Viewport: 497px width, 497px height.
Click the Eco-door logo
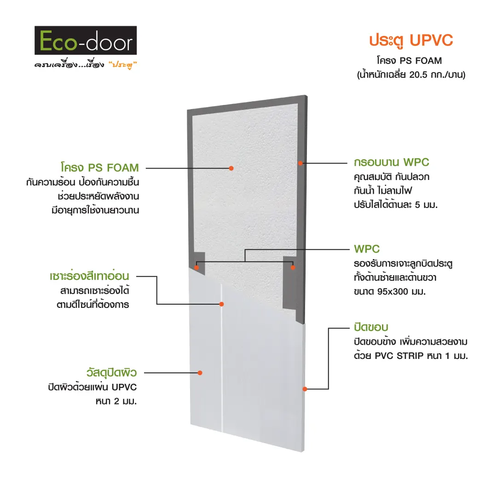pos(86,40)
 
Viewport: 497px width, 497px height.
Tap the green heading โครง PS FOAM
pos(100,168)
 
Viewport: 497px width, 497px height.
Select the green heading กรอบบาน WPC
pos(392,162)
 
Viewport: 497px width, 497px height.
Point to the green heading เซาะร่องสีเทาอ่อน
pos(89,276)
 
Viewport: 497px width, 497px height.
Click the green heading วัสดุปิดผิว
pos(111,372)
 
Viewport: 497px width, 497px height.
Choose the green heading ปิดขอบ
pos(371,327)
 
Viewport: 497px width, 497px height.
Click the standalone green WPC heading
pos(367,249)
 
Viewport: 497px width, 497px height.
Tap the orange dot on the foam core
pos(231,168)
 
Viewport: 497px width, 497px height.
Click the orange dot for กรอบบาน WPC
pos(300,163)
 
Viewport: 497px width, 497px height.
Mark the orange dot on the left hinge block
pos(196,267)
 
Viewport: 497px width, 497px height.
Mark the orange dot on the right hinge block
pos(293,267)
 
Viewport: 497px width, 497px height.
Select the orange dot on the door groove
pos(222,304)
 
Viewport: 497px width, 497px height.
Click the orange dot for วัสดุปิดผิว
pos(200,373)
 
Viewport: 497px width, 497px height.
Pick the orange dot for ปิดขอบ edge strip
pos(305,389)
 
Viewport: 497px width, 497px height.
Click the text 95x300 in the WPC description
pos(393,292)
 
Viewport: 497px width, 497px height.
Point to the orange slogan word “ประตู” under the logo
pos(123,65)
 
